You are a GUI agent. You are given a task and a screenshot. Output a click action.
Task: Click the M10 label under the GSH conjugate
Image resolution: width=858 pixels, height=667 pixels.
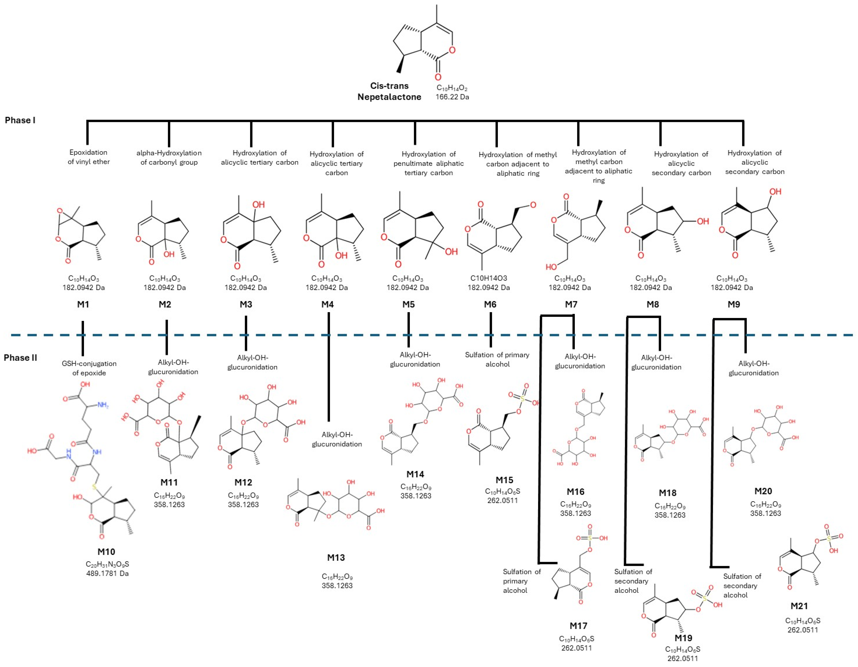pyautogui.click(x=106, y=551)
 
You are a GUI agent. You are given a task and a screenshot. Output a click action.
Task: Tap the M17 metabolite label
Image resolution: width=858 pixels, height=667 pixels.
pyautogui.click(x=578, y=625)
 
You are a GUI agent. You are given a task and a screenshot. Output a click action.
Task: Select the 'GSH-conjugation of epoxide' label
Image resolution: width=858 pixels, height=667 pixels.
pyautogui.click(x=89, y=368)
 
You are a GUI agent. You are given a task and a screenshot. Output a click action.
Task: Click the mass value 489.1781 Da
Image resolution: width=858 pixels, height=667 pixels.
pyautogui.click(x=107, y=573)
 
